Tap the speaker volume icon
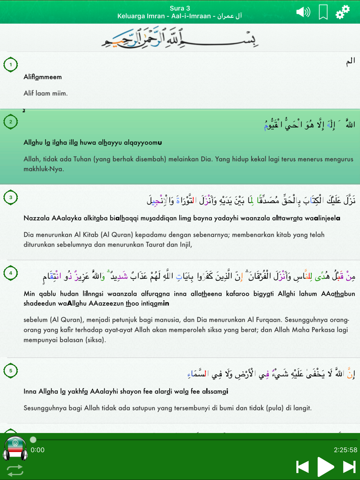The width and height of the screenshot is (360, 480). point(303,12)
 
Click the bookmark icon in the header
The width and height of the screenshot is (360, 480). point(323,12)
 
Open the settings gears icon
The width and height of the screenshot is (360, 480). point(342,12)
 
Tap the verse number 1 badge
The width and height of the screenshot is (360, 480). point(11,65)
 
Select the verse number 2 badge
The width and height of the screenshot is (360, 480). point(11,122)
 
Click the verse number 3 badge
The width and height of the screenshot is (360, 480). point(11,198)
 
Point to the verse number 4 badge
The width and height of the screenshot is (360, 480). point(11,273)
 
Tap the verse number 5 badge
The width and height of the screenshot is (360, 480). point(11,371)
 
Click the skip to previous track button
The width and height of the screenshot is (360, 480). point(302,467)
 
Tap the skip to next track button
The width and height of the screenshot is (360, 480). point(349,467)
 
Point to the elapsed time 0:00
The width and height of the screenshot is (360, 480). point(37,450)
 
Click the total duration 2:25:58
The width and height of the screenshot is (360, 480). point(345,450)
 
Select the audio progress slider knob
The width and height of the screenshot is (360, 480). point(33,440)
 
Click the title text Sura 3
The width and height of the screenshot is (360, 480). point(180,8)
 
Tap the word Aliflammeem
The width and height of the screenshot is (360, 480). point(42,77)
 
